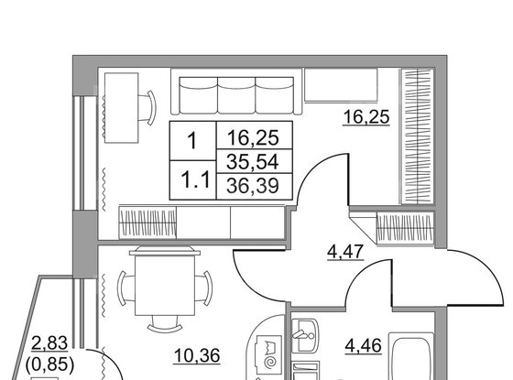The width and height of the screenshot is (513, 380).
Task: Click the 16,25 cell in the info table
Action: (x=255, y=136)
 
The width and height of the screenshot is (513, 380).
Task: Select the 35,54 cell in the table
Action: (x=255, y=161)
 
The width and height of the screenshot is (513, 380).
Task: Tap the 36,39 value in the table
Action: (x=255, y=186)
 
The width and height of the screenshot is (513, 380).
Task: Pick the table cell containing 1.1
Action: (x=193, y=179)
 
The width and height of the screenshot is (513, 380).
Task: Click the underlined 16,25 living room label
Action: (x=366, y=117)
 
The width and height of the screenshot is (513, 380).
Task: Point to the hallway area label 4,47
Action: (x=345, y=252)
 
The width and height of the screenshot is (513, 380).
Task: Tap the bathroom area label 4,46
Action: (x=364, y=346)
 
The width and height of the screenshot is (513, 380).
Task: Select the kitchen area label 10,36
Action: (x=197, y=355)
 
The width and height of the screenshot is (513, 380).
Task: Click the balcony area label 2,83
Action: (x=49, y=343)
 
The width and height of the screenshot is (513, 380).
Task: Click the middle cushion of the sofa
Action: (x=236, y=95)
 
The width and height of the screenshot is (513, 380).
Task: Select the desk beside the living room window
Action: (x=121, y=108)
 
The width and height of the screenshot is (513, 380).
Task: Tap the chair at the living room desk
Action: (x=147, y=108)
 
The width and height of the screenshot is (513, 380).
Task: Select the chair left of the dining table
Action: (x=126, y=288)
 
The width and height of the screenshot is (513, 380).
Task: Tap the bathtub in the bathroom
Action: (x=411, y=356)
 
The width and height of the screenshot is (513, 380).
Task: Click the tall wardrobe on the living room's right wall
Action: (x=418, y=136)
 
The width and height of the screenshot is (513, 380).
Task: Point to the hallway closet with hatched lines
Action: (x=405, y=228)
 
